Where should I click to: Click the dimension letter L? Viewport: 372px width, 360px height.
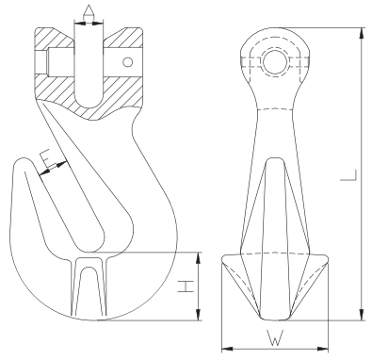coord(348,175)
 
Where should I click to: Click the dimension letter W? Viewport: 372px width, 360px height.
coord(275,337)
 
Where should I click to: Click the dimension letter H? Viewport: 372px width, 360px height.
coord(186,286)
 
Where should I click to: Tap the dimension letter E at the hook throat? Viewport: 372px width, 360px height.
coord(47,158)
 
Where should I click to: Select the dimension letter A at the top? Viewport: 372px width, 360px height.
coord(89,12)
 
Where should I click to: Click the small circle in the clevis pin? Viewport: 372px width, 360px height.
coord(128,62)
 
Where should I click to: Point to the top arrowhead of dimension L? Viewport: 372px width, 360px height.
coord(363,33)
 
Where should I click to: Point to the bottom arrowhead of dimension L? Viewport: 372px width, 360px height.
coord(363,315)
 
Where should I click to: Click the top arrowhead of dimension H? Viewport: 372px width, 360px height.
coord(198,257)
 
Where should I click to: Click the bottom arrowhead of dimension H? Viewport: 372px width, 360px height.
coord(198,315)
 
